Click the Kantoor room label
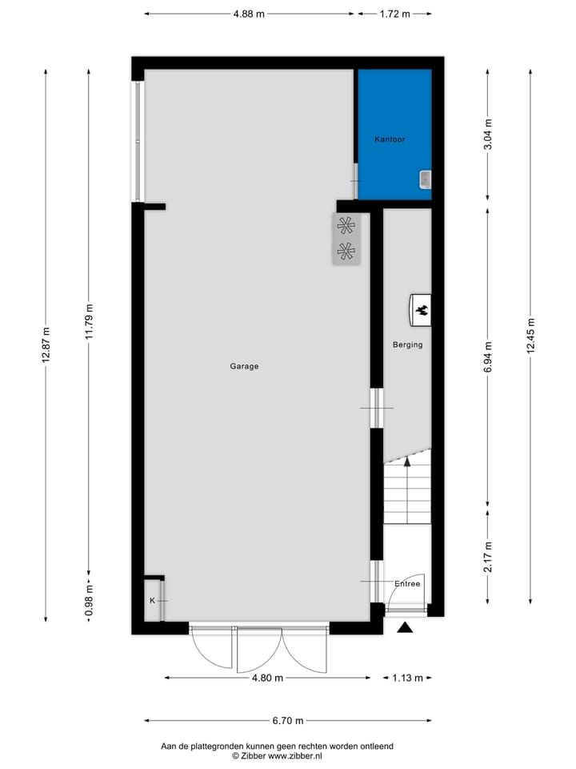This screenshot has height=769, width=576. (x=390, y=139)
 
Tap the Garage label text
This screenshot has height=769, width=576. (x=244, y=366)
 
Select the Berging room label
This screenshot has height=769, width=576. (x=407, y=345)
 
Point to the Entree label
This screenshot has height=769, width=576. (x=407, y=584)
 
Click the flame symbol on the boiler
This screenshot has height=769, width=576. (x=422, y=309)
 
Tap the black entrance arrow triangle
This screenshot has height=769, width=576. (x=406, y=628)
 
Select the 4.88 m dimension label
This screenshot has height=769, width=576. (x=249, y=14)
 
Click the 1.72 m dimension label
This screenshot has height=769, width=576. (x=394, y=14)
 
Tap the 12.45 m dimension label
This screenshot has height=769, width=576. (x=530, y=335)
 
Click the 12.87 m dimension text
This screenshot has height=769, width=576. (x=46, y=345)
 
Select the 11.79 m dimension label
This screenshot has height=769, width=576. (x=89, y=321)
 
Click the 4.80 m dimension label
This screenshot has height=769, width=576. (x=268, y=678)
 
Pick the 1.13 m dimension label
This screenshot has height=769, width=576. (x=407, y=678)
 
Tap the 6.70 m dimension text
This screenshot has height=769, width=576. (x=288, y=721)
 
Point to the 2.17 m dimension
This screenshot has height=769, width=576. (x=488, y=554)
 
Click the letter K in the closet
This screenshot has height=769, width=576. (x=151, y=600)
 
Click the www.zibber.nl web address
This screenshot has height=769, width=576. (x=294, y=755)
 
